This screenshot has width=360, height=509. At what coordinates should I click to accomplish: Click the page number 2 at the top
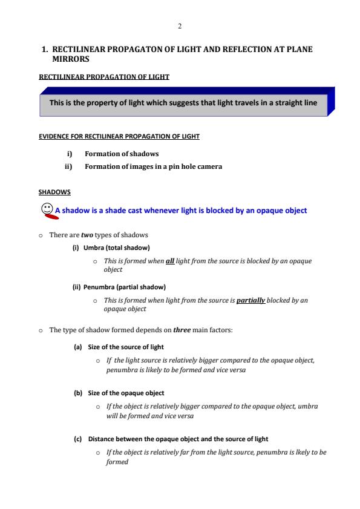[180, 26]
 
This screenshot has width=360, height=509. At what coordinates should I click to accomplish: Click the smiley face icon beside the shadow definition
[46, 209]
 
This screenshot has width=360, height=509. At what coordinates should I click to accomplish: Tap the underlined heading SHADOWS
[54, 192]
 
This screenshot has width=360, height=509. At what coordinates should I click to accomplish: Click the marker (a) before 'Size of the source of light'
[78, 347]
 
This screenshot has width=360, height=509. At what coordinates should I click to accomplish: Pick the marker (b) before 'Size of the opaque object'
[78, 393]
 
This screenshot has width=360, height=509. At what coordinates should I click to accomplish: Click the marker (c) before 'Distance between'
[78, 438]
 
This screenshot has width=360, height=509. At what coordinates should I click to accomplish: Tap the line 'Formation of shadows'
[122, 154]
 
